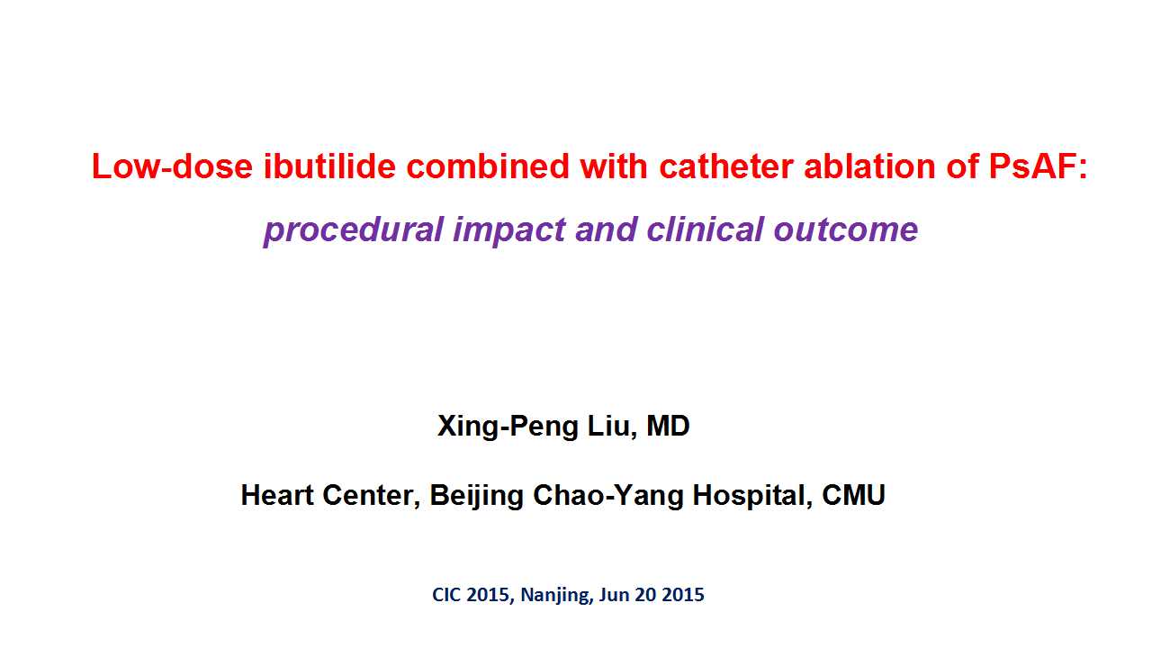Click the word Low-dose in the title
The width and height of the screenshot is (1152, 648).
click(172, 166)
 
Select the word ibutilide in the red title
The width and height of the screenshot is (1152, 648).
click(329, 166)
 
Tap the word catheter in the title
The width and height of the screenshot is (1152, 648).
click(726, 166)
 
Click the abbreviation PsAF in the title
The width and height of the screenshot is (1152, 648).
click(1032, 166)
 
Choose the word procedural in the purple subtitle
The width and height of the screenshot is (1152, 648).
click(354, 229)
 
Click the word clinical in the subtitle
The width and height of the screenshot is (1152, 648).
click(705, 229)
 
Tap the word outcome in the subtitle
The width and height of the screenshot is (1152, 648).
click(846, 229)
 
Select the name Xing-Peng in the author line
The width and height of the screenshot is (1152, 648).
click(508, 427)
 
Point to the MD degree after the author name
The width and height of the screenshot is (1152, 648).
click(668, 426)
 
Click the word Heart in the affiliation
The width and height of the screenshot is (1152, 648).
click(277, 495)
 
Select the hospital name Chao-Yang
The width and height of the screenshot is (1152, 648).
click(607, 496)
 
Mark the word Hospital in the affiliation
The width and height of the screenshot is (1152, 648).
click(751, 496)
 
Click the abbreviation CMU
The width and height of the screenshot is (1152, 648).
click(854, 495)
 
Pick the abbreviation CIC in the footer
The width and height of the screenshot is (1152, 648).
click(447, 595)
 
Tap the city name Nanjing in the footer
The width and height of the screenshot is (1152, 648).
click(555, 596)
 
